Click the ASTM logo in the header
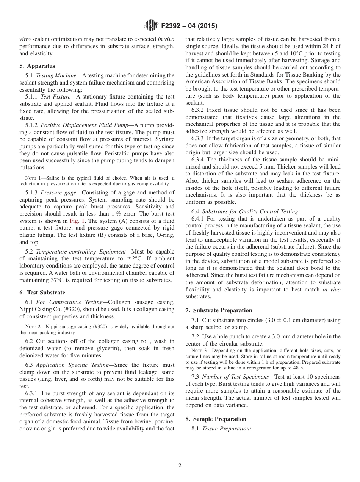(152, 26)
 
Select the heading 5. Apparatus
(37, 66)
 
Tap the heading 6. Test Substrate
(42, 293)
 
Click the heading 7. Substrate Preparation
(219, 310)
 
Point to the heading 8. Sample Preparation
(216, 419)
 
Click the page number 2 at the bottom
(180, 466)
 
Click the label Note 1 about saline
(33, 178)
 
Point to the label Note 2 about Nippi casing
(33, 327)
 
